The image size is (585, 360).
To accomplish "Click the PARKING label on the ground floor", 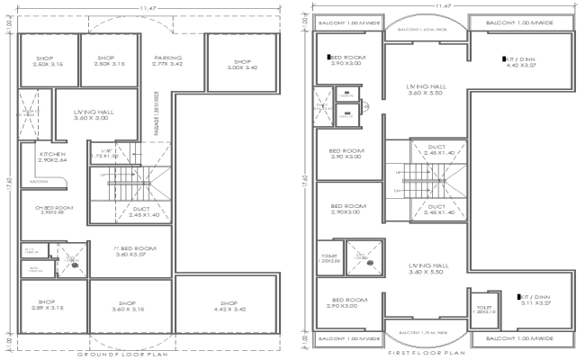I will (168, 60).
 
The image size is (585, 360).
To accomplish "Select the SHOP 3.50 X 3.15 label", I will (44, 60).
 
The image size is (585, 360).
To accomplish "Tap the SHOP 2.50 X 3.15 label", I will (106, 60).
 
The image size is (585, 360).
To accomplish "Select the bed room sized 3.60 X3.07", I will (135, 250).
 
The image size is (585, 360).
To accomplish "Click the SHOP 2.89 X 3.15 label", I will (46, 304).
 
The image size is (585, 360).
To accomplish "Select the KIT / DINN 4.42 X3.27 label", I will (521, 62).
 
